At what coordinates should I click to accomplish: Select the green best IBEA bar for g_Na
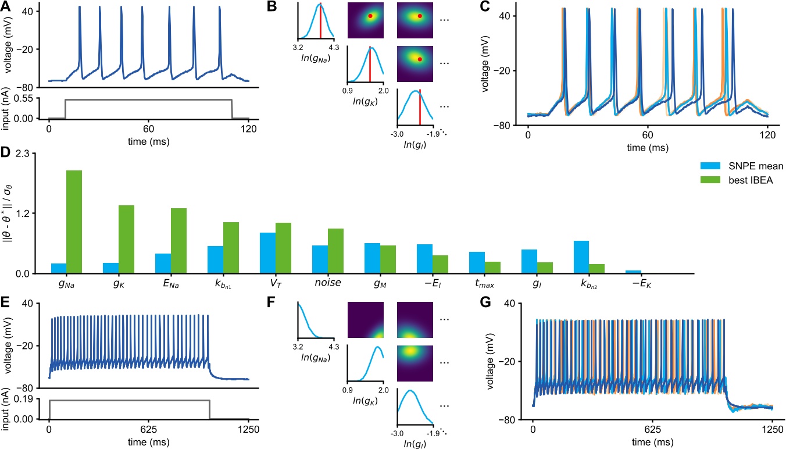coord(74,222)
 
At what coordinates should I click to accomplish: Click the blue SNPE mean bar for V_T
coord(267,253)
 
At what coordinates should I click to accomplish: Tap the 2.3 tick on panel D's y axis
coord(26,154)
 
